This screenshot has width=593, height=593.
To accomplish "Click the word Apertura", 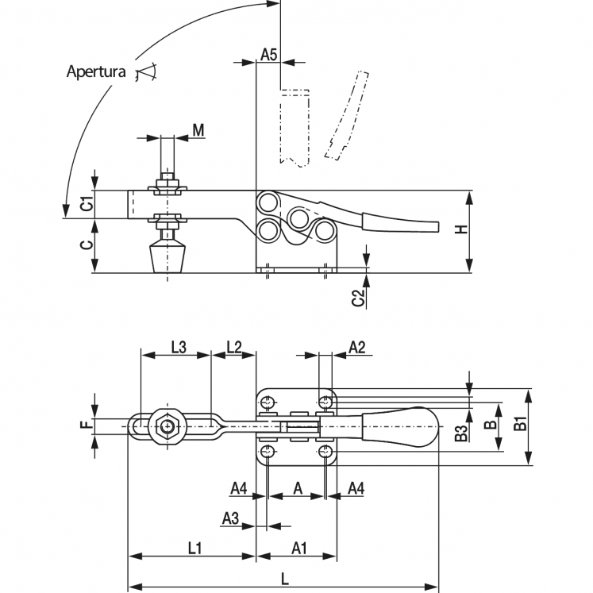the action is pyautogui.click(x=96, y=71).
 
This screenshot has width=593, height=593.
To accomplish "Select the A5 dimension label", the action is pyautogui.click(x=268, y=55).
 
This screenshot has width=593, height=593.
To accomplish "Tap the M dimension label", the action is pyautogui.click(x=198, y=130).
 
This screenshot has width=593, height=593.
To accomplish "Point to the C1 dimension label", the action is pyautogui.click(x=87, y=203).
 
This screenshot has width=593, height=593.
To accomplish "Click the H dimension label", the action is pyautogui.click(x=461, y=229).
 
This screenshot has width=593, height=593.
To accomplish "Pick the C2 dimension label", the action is pyautogui.click(x=357, y=297).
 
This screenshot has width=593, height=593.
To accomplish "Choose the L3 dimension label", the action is pyautogui.click(x=179, y=346).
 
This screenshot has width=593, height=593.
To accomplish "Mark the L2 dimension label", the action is pyautogui.click(x=233, y=346).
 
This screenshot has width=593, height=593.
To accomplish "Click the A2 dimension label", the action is pyautogui.click(x=357, y=346).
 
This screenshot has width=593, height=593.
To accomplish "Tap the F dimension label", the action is pyautogui.click(x=87, y=425).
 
